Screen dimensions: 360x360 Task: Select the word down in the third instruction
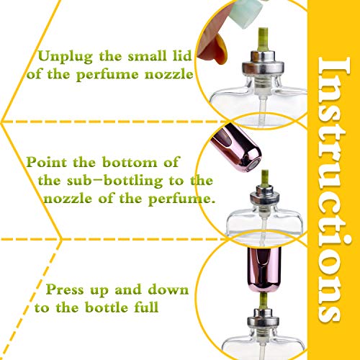tap(166, 290)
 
